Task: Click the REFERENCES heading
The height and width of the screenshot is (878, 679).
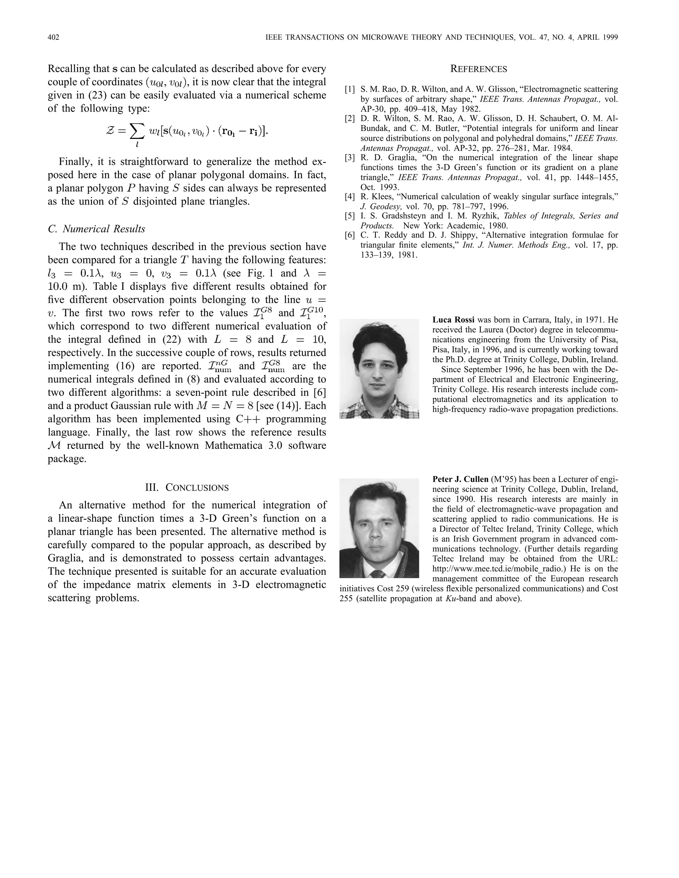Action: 478,69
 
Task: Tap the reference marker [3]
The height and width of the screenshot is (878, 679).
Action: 349,158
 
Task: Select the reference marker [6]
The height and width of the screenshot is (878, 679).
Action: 349,235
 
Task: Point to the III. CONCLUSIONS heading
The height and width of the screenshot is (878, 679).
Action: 187,488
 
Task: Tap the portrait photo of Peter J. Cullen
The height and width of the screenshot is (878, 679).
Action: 379,528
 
